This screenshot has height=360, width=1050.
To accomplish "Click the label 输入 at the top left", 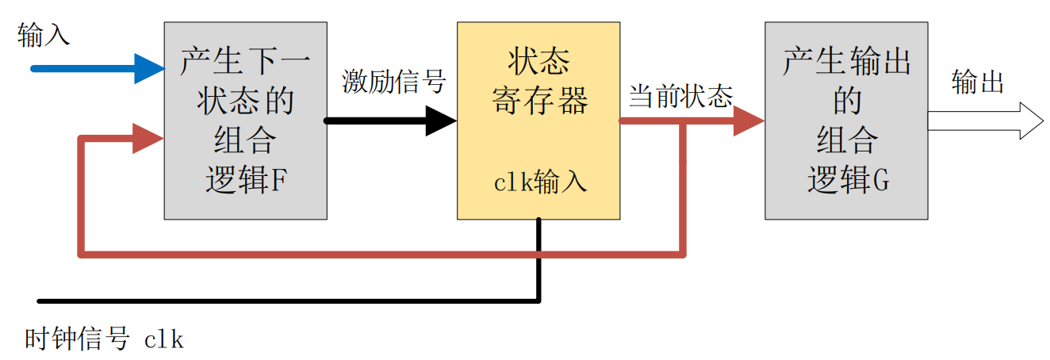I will coord(44,35).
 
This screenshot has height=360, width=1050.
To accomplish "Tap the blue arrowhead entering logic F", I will coord(148,69).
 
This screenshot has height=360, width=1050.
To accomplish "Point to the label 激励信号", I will coord(394,82).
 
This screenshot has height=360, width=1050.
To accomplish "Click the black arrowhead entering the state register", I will coord(441,121).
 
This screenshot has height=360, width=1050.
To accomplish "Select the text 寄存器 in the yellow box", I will coord(539,101).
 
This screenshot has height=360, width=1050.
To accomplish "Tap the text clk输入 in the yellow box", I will coord(540,182).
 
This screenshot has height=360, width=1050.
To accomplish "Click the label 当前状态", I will coord(680,98).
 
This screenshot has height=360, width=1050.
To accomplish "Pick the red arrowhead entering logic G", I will coord(748,121).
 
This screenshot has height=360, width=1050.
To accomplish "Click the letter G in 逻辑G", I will coord(880,182).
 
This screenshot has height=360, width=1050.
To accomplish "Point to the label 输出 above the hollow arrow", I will coord(978,82).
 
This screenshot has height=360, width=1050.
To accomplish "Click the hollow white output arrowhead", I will coord(1031,121).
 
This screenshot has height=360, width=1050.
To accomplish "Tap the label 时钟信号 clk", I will coord(104,339).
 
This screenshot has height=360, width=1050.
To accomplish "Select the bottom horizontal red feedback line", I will coord(381,255).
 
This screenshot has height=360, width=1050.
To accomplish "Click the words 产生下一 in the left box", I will coord(245,61).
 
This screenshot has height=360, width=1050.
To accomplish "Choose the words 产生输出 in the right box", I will coord(846,61).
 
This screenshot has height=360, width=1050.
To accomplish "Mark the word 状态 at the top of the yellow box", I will coord(539,61).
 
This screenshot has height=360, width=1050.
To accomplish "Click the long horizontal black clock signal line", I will coord(285,301).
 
